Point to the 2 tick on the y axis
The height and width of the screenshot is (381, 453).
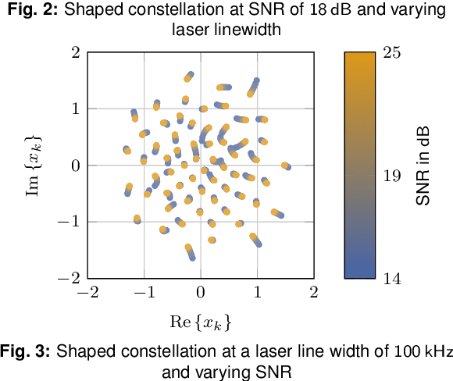point(77,53)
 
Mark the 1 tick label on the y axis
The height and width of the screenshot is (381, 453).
point(77,109)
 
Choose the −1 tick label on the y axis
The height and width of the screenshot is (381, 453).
point(71,222)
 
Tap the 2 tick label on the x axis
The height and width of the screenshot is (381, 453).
point(313,293)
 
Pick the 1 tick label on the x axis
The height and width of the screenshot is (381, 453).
point(257,293)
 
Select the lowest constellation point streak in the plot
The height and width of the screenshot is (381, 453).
point(190,251)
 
